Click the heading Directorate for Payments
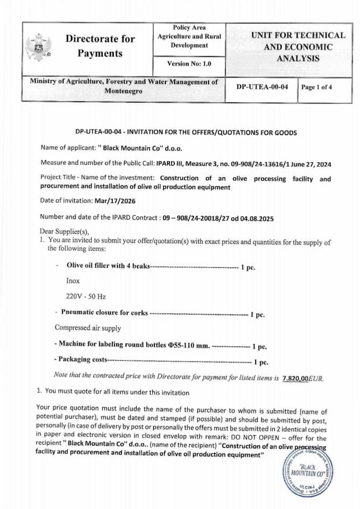[100, 46]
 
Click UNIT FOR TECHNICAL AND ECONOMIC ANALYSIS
[297, 47]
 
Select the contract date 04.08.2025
[254, 218]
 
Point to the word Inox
[73, 280]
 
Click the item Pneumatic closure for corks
[104, 312]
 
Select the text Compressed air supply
[87, 328]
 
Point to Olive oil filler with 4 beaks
[109, 265]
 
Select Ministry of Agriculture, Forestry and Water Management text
[123, 83]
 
